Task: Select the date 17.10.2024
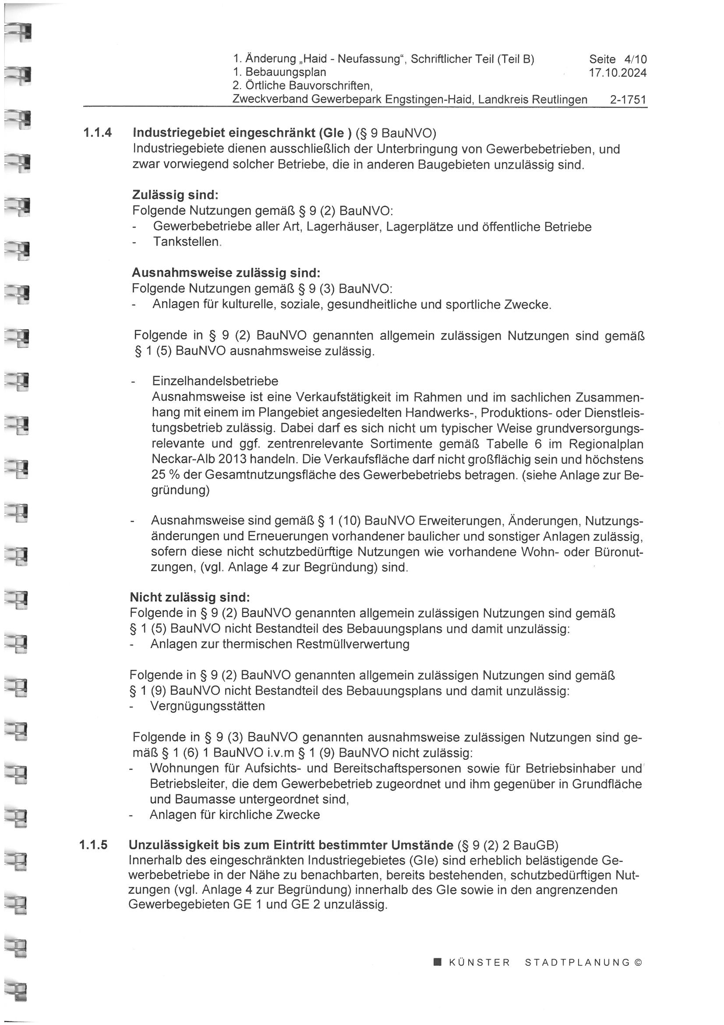pyautogui.click(x=618, y=73)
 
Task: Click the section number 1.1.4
pyautogui.click(x=97, y=133)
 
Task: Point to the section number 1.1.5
pyautogui.click(x=94, y=845)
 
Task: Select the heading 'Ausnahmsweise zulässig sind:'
pyautogui.click(x=226, y=273)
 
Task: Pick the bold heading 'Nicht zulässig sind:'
pyautogui.click(x=190, y=597)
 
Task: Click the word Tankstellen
pyautogui.click(x=187, y=242)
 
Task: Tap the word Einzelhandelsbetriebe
pyautogui.click(x=215, y=381)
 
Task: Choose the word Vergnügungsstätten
pyautogui.click(x=208, y=706)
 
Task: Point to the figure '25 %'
pyautogui.click(x=165, y=475)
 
